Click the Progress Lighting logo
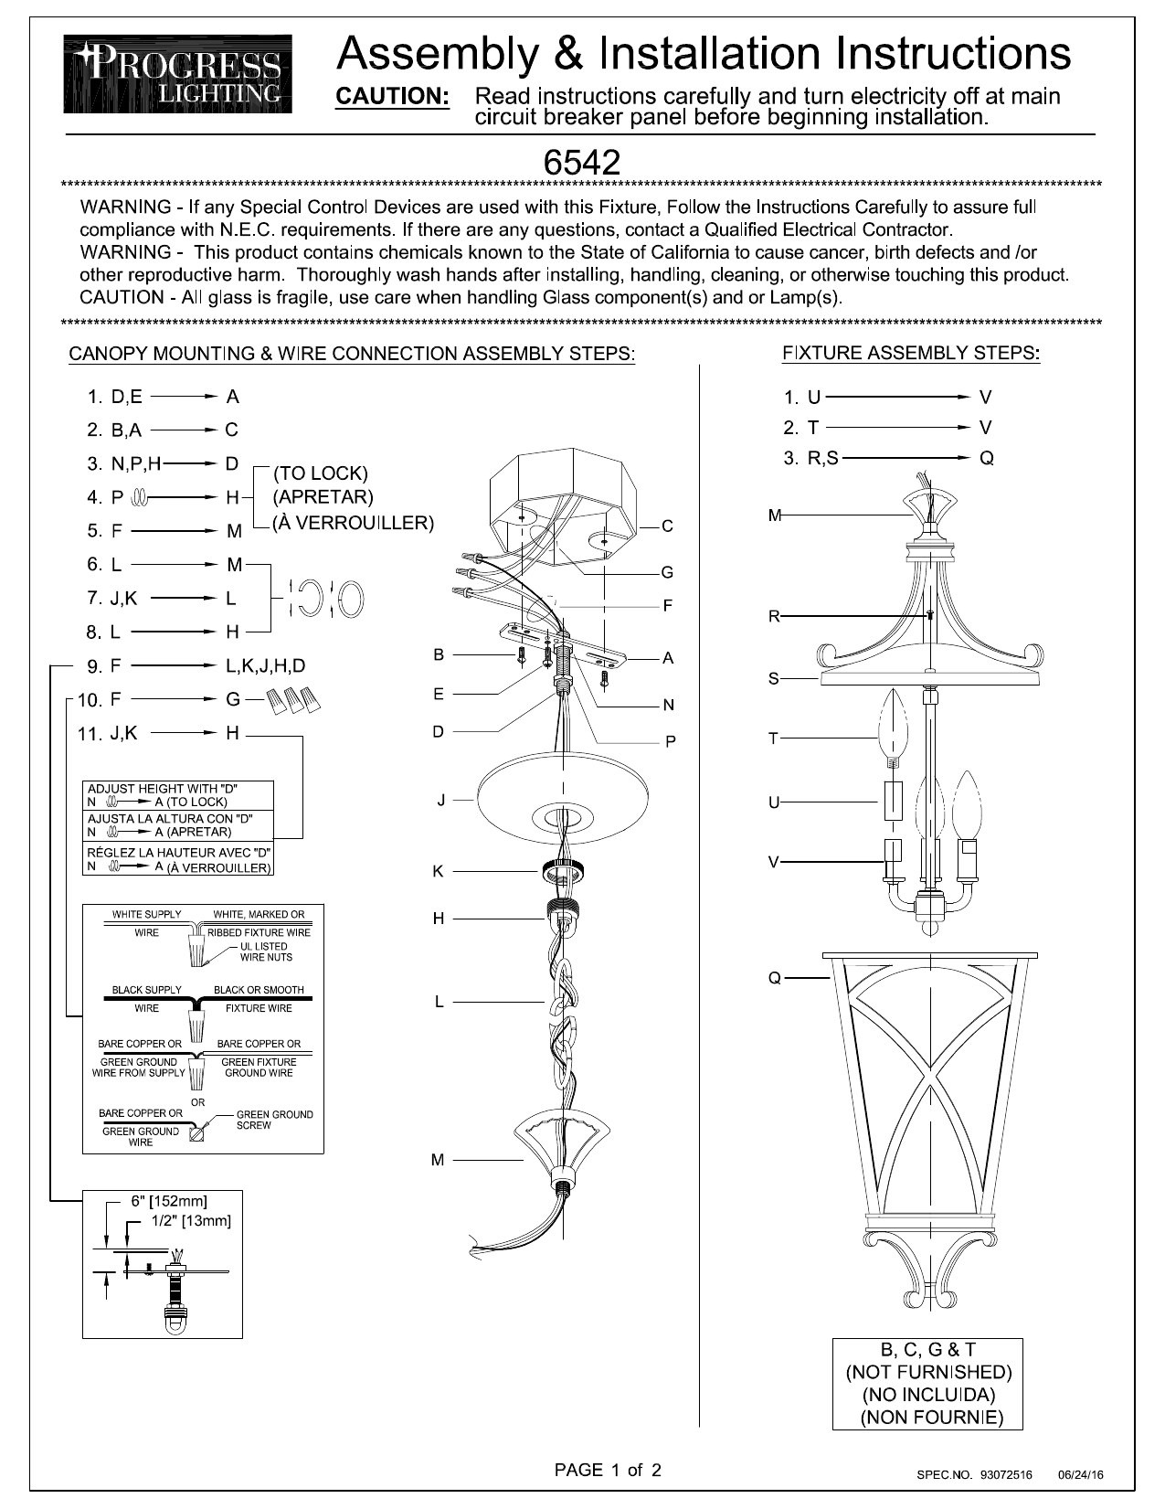tap(177, 74)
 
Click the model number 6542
tap(582, 163)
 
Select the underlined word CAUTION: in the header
tap(393, 97)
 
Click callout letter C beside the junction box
tap(668, 526)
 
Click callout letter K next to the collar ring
tap(438, 871)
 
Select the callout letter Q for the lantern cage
tap(774, 978)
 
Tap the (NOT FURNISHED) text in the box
tap(927, 1372)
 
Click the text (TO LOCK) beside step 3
tap(321, 473)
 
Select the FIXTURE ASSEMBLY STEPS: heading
tap(911, 353)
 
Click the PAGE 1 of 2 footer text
tap(608, 1470)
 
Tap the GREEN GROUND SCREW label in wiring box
tap(273, 1120)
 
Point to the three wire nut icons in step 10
tap(294, 700)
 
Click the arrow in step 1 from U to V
tap(896, 398)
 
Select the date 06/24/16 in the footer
tap(1080, 1475)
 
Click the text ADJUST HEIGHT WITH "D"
tap(165, 788)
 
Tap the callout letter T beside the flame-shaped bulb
tap(773, 739)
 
